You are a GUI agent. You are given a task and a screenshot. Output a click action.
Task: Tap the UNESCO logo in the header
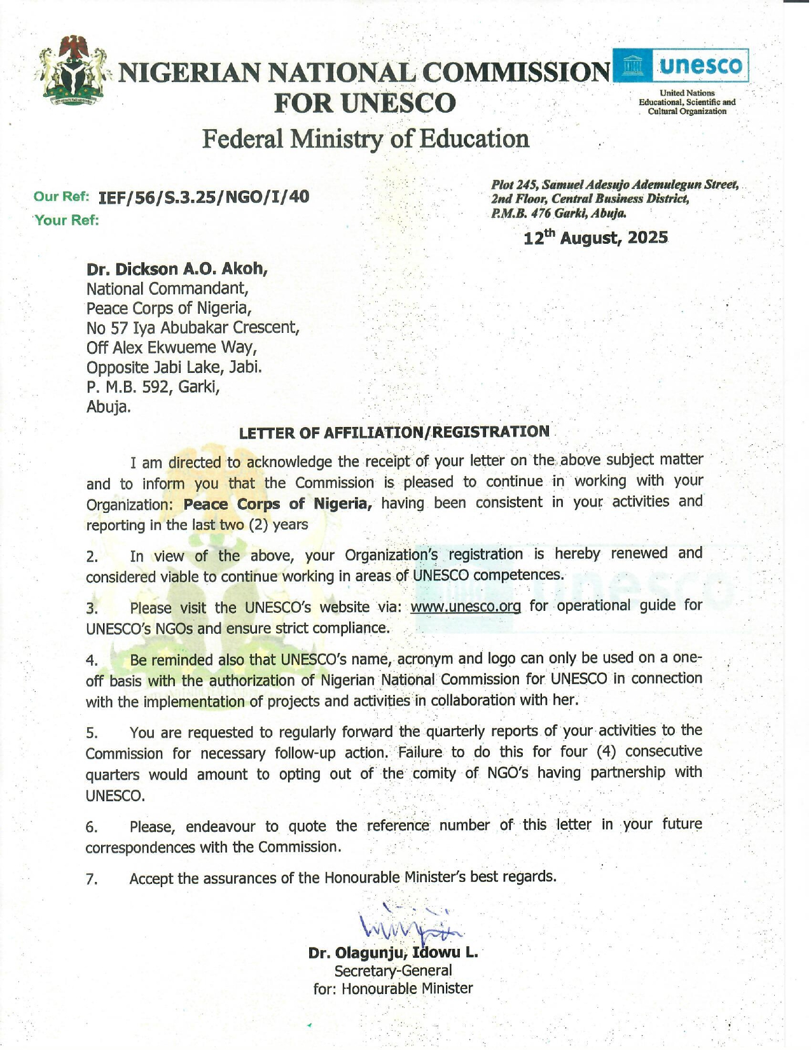click(x=680, y=66)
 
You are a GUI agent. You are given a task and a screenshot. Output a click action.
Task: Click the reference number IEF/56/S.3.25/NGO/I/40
click(x=204, y=197)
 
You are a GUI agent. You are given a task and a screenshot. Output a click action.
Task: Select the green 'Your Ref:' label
click(x=67, y=220)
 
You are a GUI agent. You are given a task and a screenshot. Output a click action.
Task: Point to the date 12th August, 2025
click(x=595, y=238)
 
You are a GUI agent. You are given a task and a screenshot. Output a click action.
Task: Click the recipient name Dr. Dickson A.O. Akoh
click(x=177, y=269)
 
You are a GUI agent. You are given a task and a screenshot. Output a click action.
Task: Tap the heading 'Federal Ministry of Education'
click(x=365, y=139)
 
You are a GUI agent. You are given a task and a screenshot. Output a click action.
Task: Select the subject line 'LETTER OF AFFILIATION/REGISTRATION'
click(x=394, y=432)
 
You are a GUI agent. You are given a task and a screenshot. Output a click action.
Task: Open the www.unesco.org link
click(x=466, y=606)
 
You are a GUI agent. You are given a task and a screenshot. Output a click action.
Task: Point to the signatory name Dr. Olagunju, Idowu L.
click(x=392, y=953)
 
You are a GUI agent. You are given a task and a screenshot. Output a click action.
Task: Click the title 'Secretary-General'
click(x=392, y=970)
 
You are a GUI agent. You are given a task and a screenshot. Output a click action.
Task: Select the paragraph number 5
click(x=92, y=733)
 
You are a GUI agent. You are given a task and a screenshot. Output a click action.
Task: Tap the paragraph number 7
click(x=92, y=879)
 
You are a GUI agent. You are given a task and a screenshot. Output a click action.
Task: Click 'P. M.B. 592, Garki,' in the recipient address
click(x=153, y=387)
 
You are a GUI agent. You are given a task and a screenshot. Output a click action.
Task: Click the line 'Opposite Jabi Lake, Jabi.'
click(x=174, y=367)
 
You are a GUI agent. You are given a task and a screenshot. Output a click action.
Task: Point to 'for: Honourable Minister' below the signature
click(x=392, y=988)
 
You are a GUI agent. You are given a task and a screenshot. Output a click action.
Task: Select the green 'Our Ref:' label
click(x=61, y=197)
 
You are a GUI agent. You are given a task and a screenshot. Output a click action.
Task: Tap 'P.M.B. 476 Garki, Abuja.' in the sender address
click(x=558, y=213)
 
